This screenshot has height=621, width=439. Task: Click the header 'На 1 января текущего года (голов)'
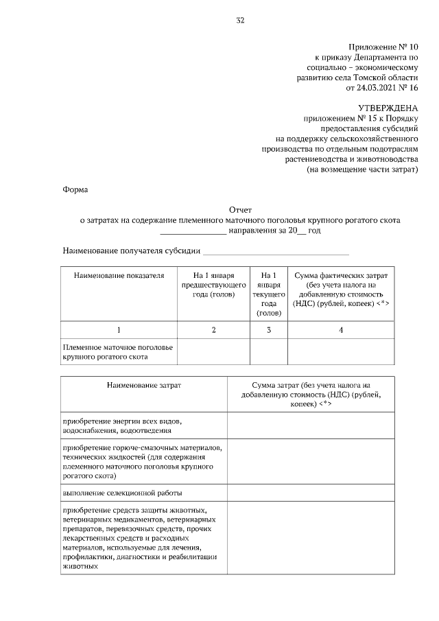(x=268, y=294)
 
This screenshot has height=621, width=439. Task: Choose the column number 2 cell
(x=213, y=330)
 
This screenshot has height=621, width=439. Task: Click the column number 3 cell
(x=268, y=330)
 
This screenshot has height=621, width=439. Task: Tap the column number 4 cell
(x=341, y=330)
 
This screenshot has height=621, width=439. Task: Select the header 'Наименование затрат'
(x=143, y=386)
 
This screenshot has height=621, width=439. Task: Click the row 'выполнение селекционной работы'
(x=123, y=493)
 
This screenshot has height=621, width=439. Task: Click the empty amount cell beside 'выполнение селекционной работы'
(x=311, y=493)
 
